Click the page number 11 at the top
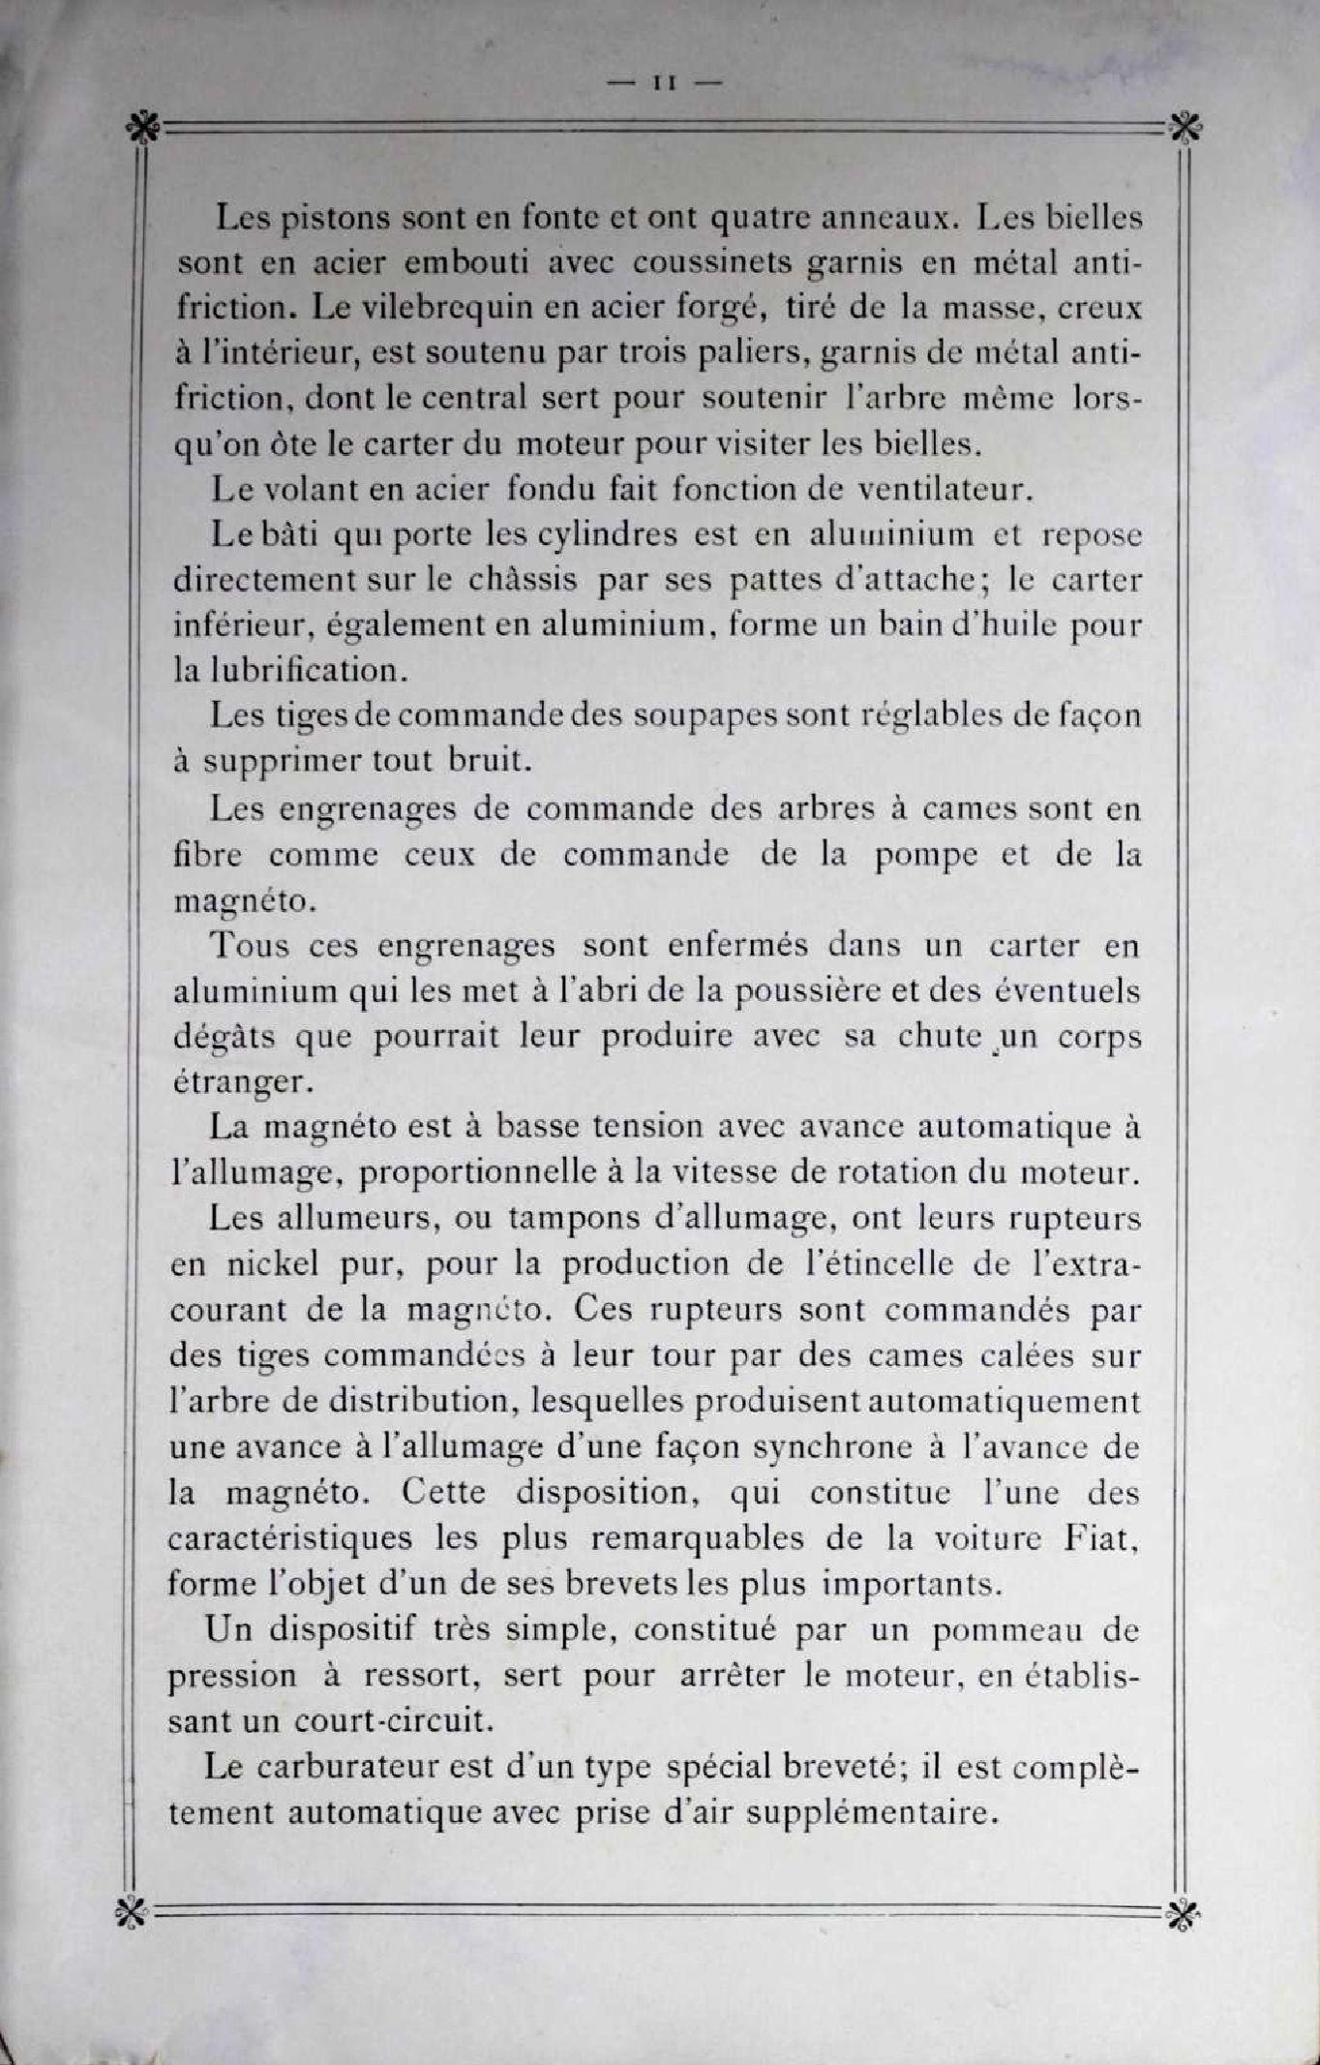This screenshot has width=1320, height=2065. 663,84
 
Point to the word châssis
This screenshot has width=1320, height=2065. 523,580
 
